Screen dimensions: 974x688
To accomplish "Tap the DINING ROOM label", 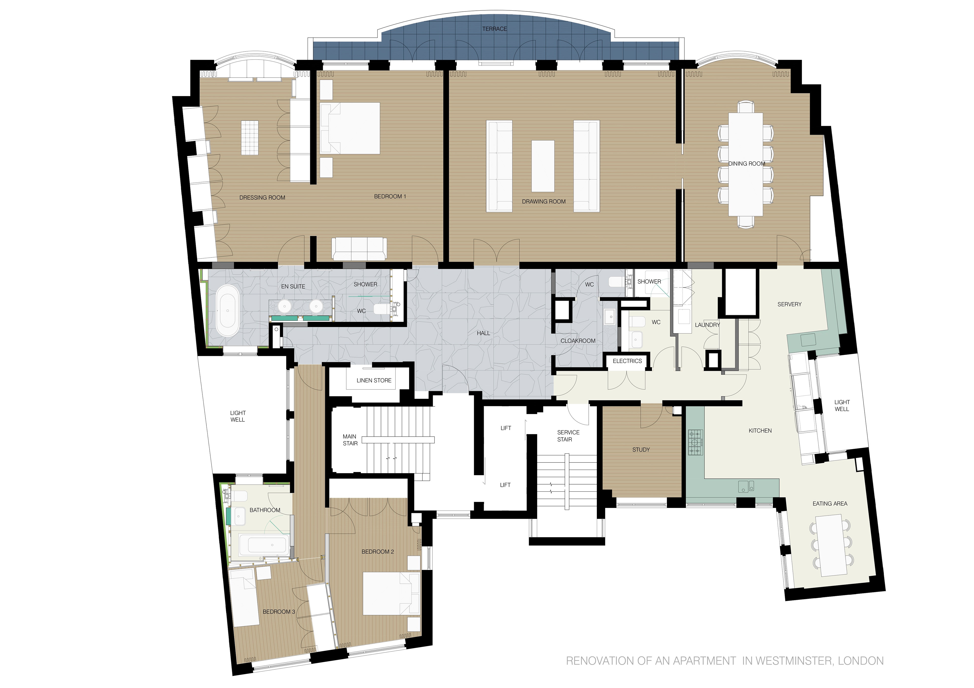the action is click(x=747, y=164).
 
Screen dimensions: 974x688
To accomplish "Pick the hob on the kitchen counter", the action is click(x=695, y=442).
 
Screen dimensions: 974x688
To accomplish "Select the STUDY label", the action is click(x=641, y=450).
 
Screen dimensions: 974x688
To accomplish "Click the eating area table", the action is click(x=831, y=545).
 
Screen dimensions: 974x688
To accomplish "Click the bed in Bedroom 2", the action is click(x=391, y=594).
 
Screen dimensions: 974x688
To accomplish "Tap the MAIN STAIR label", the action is click(x=350, y=440).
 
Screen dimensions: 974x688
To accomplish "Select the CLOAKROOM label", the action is click(x=578, y=341).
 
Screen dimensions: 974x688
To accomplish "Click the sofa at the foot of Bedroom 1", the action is click(x=359, y=249).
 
